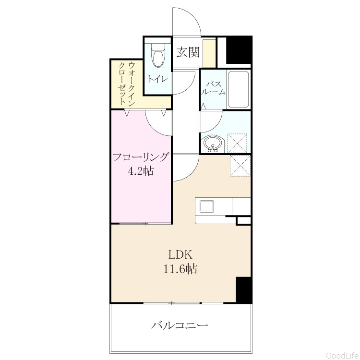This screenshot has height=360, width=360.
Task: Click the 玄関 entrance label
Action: pos(188,52)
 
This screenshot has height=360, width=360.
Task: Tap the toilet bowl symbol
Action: pos(158,55)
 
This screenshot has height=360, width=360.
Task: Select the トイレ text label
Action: pos(158,79)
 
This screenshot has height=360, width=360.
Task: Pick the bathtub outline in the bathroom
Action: pos(238,89)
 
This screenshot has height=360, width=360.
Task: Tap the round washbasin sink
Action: pos(214,144)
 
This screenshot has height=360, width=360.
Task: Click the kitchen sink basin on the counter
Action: pos(206,206)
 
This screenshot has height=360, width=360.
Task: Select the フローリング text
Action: pos(141,158)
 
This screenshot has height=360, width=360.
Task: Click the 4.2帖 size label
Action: pos(141,171)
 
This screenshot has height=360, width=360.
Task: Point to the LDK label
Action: pos(180,254)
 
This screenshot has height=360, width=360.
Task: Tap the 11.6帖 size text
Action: pos(180,269)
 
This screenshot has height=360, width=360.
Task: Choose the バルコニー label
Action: pos(180,325)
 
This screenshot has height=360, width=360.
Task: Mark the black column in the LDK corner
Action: pos(244,290)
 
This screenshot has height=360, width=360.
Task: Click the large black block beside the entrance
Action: pos(239,50)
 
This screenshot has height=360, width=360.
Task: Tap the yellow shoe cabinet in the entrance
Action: pos(209,54)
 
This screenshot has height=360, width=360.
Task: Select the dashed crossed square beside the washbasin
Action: pos(237,143)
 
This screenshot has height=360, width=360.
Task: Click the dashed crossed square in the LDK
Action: pos(240,166)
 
